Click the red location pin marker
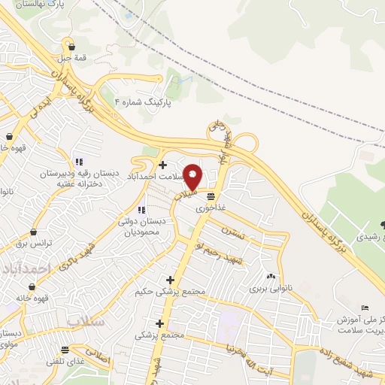[193, 176]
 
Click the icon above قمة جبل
[69, 43]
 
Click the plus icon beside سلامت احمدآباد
[163, 165]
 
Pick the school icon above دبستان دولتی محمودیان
[141, 210]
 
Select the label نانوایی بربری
[270, 288]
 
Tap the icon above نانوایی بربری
[270, 277]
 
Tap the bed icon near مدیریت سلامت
[365, 308]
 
